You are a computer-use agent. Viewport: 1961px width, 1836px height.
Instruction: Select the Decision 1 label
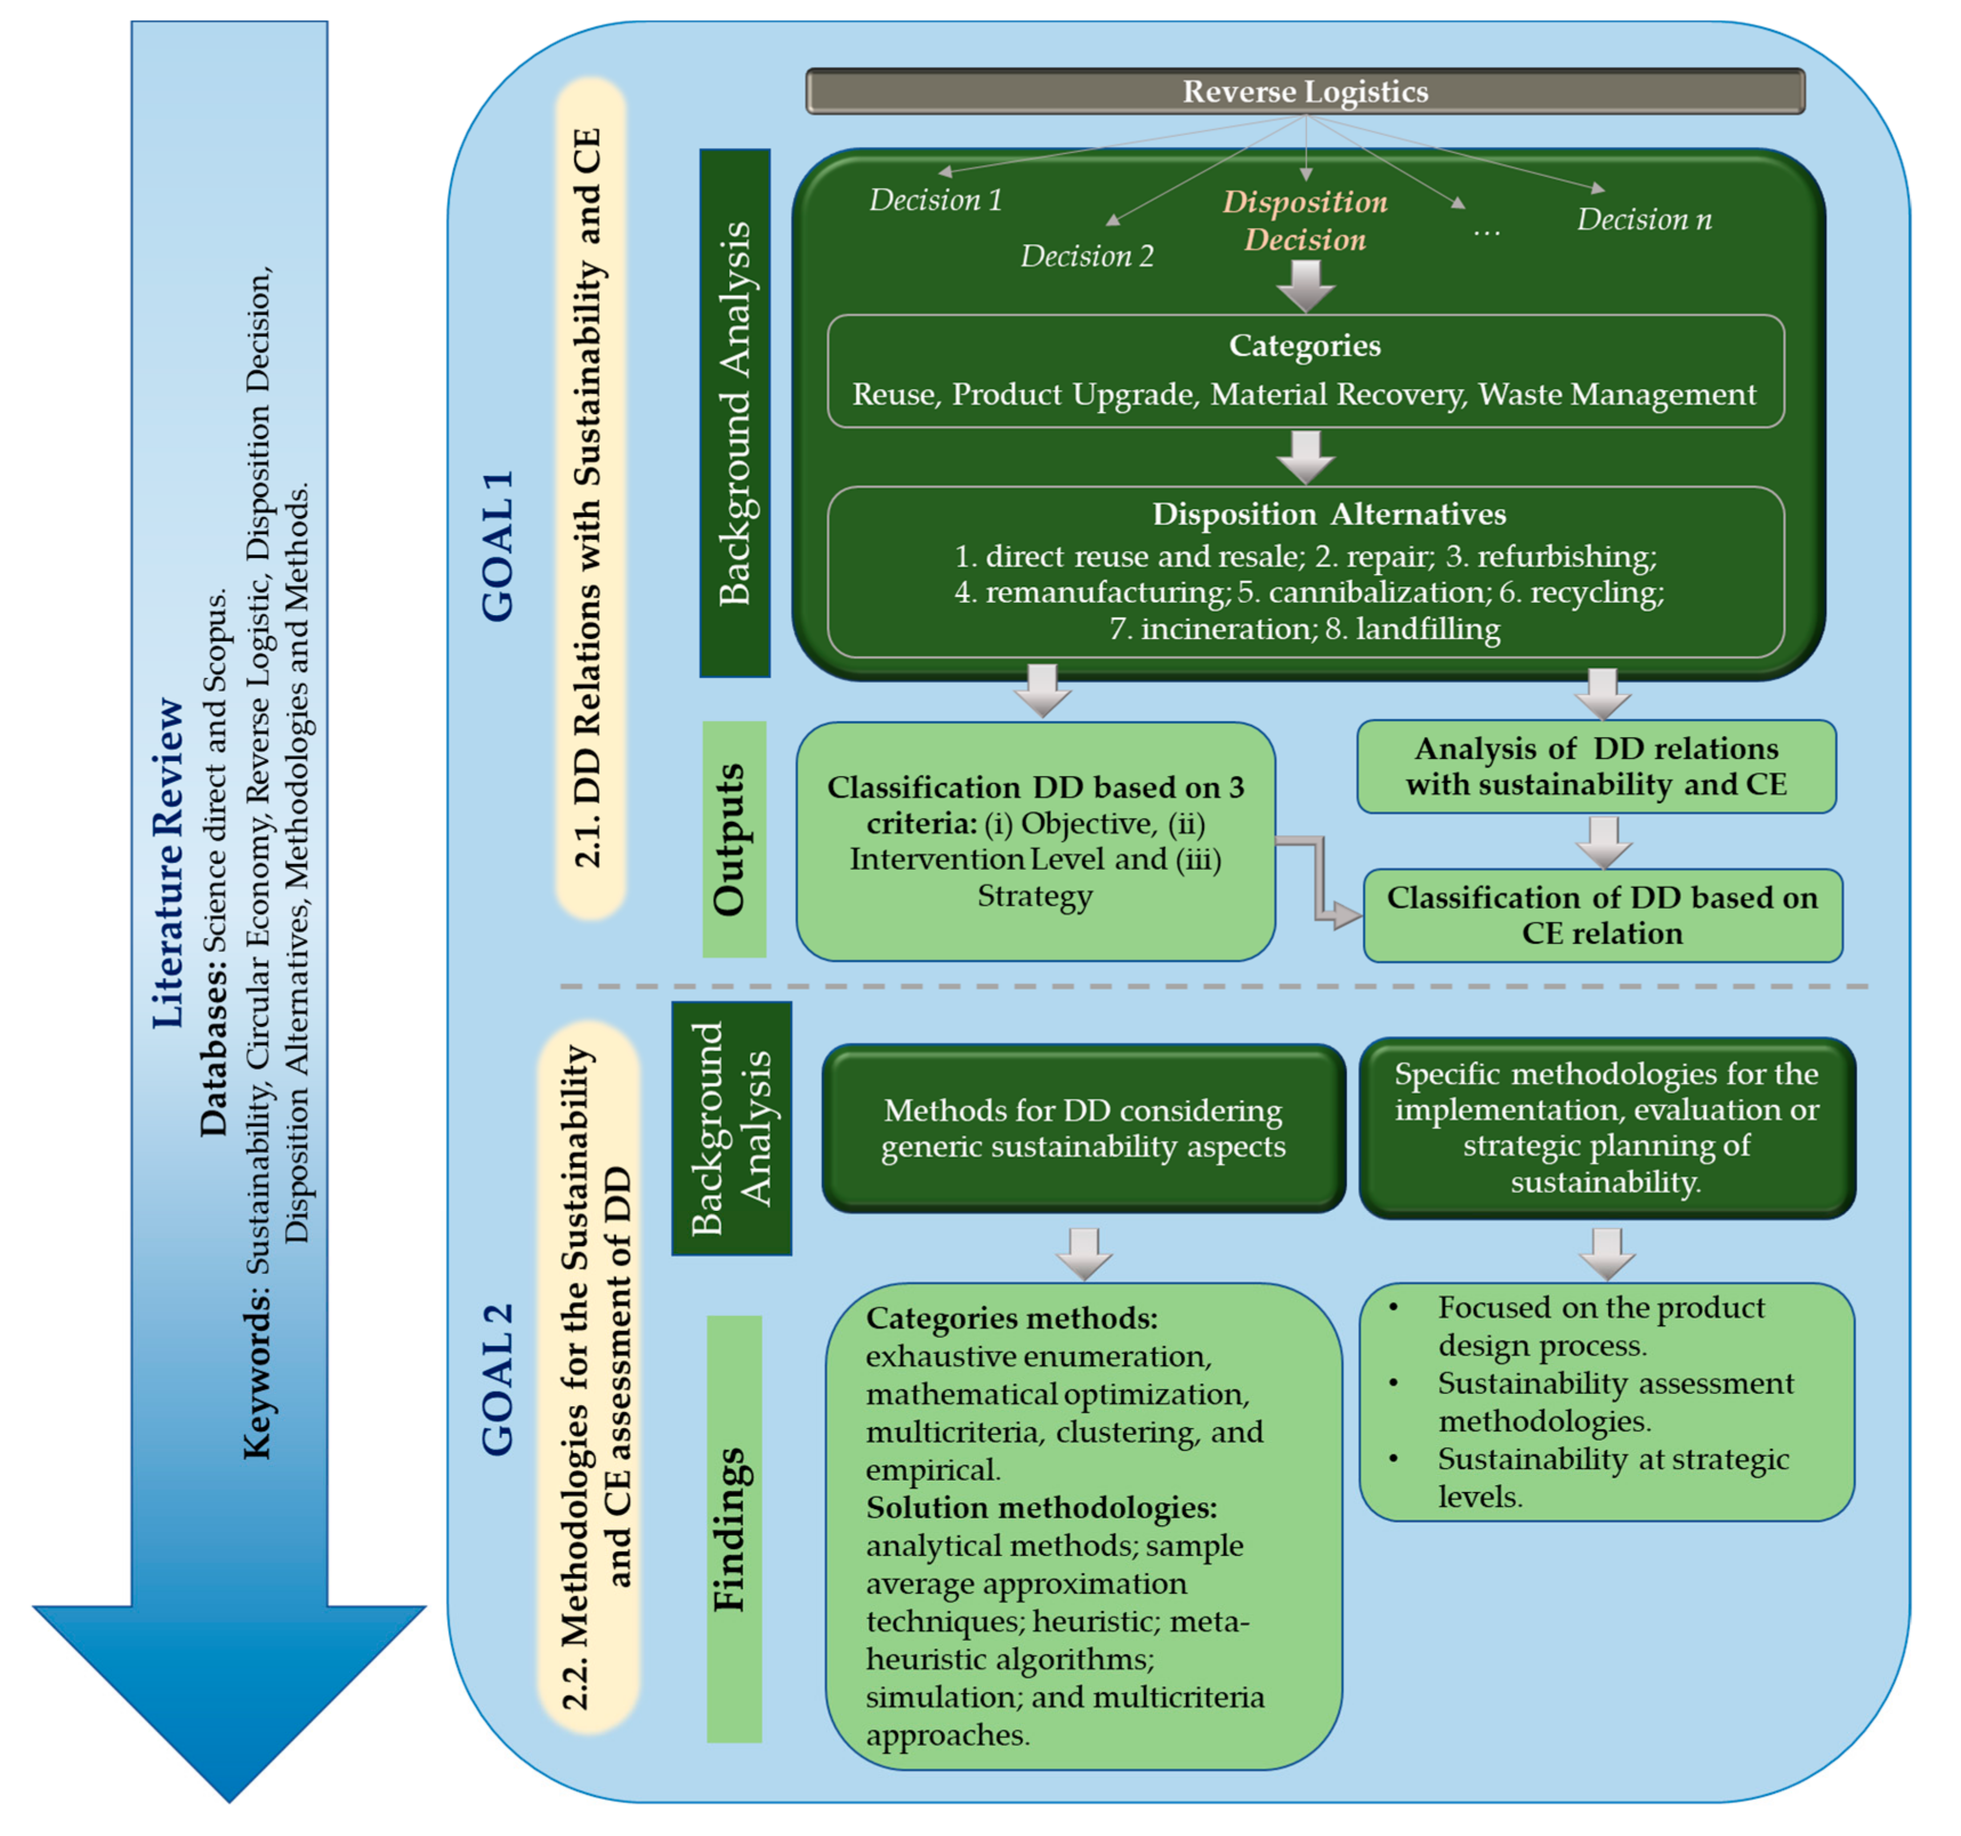[x=934, y=200]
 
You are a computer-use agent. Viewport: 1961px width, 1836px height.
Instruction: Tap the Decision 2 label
[x=1086, y=256]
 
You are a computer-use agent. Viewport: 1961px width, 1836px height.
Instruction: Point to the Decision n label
[x=1643, y=220]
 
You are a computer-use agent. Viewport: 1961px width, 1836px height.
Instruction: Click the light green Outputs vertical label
[x=734, y=839]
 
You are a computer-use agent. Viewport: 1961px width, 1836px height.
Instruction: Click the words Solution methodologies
[x=1040, y=1508]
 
